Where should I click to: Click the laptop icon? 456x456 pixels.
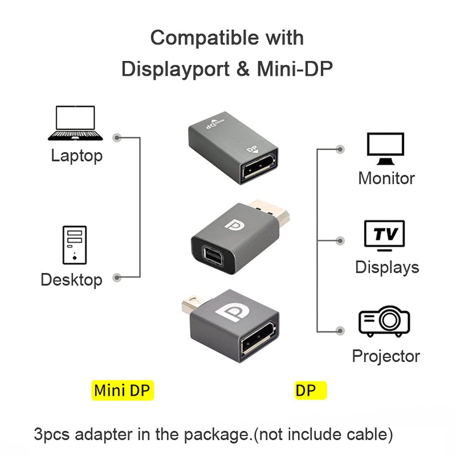point(75,123)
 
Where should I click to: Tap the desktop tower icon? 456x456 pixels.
point(74,245)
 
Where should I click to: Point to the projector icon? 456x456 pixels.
point(384,321)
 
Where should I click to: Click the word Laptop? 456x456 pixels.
point(77,156)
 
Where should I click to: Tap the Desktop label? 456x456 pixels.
point(71,280)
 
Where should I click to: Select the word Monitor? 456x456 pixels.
point(386,178)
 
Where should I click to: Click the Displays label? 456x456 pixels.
point(387,268)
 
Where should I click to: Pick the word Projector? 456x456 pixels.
point(386,356)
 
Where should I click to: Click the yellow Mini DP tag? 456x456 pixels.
point(123,391)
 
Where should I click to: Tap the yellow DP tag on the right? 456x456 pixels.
point(311,391)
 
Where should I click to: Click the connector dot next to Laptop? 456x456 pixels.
point(117,138)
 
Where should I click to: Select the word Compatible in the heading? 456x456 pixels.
point(204,38)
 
